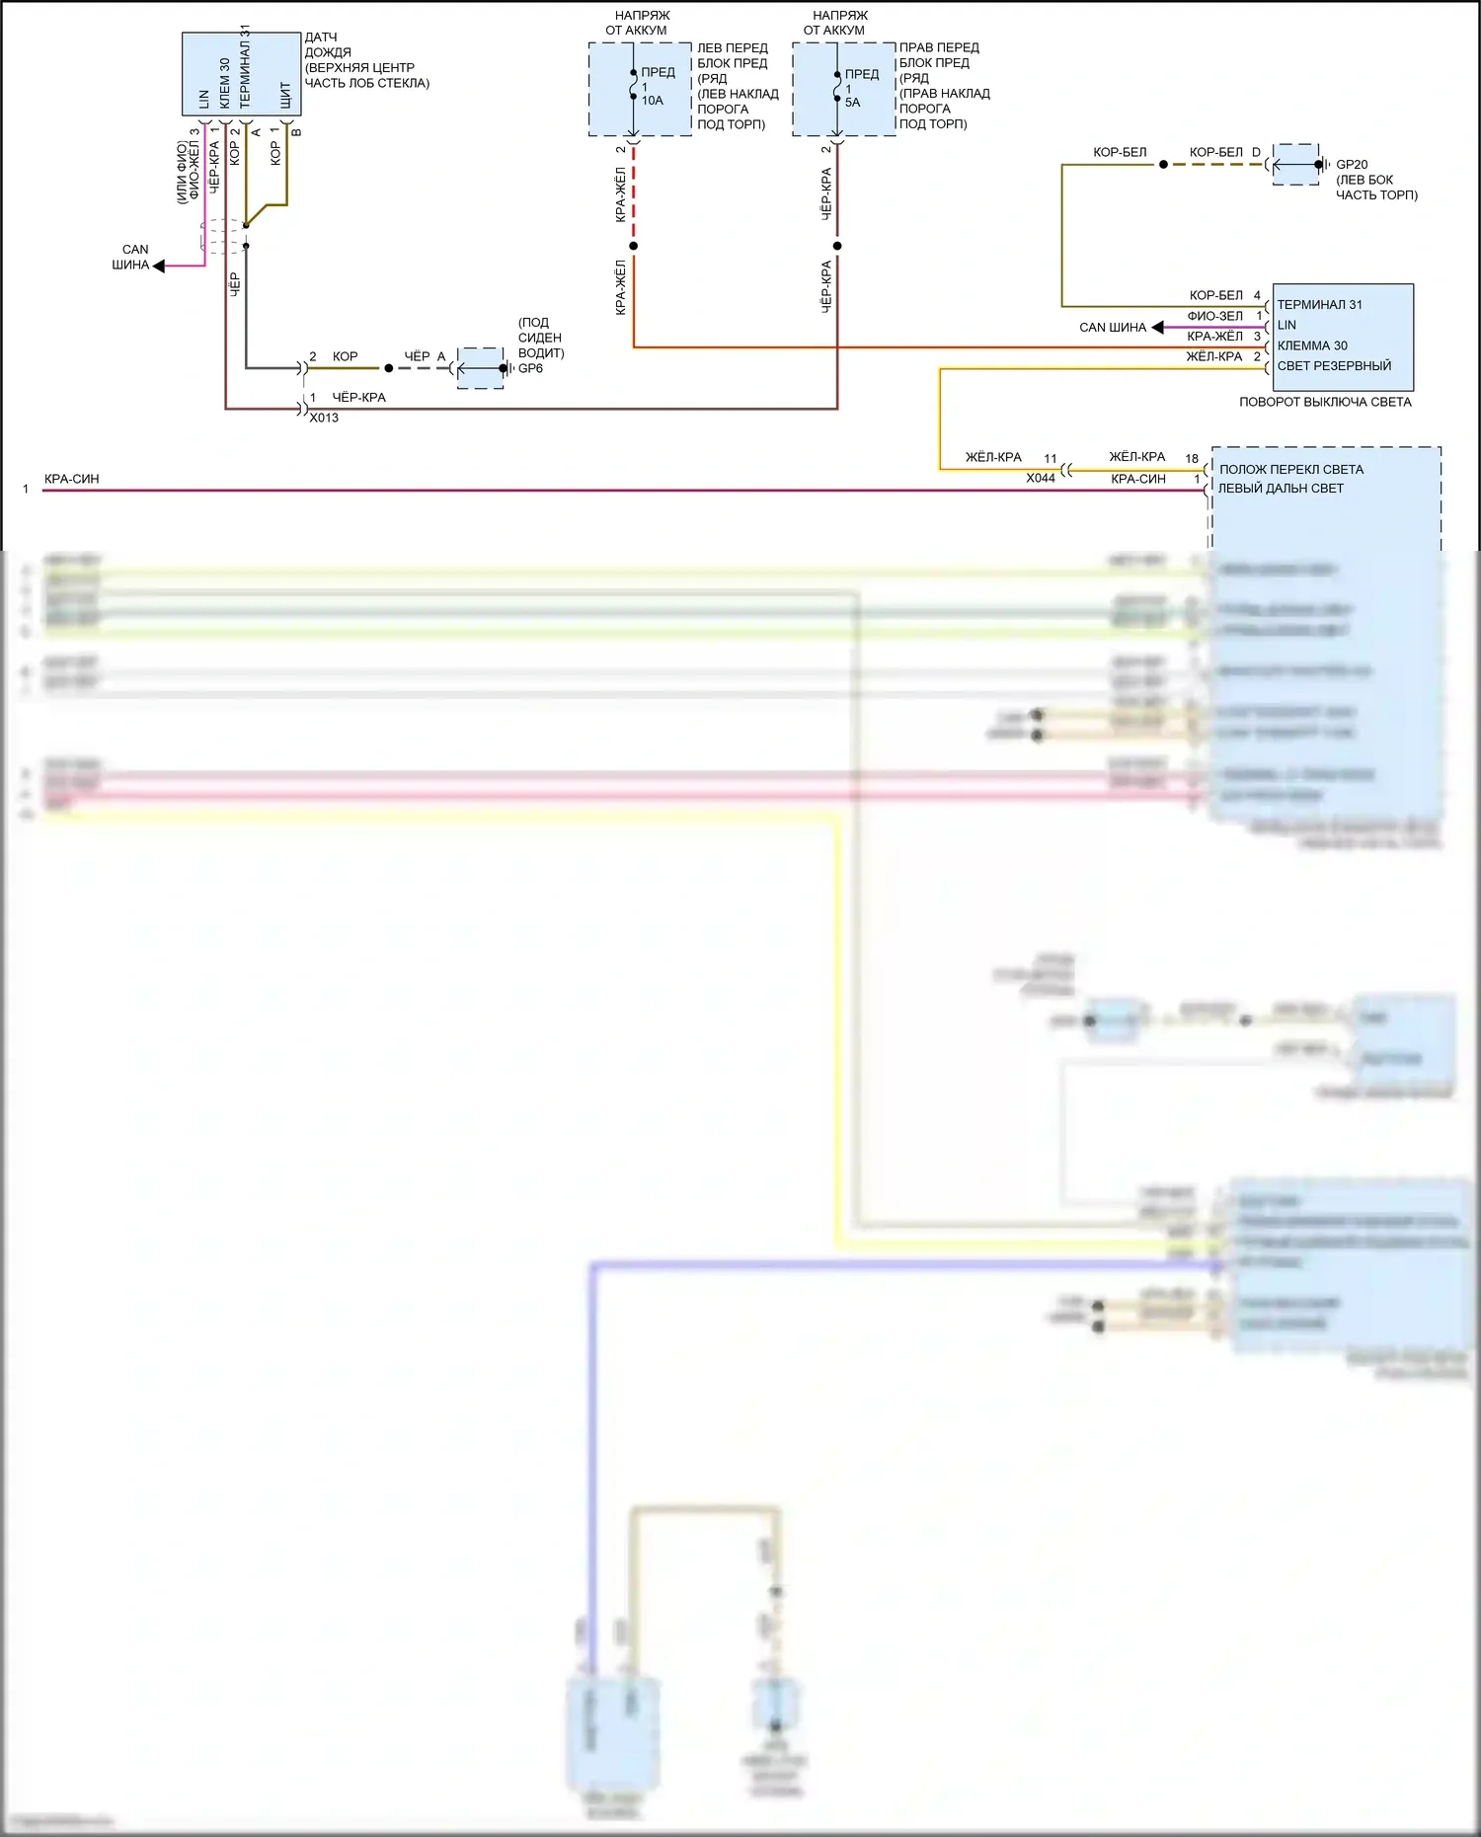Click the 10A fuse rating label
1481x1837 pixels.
pyautogui.click(x=653, y=101)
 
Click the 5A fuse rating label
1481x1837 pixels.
pyautogui.click(x=852, y=102)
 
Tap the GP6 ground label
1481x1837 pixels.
pyautogui.click(x=530, y=368)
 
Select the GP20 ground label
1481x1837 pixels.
pyautogui.click(x=1352, y=165)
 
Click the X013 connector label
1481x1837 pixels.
pyautogui.click(x=324, y=418)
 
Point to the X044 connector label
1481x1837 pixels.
pyautogui.click(x=1040, y=478)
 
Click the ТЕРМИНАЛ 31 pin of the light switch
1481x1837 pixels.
pyautogui.click(x=1319, y=304)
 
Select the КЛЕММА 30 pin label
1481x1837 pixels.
pyautogui.click(x=1312, y=345)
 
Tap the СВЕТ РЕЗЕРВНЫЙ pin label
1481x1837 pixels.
pyautogui.click(x=1334, y=365)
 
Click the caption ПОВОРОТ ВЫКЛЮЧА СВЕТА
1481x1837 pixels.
pyautogui.click(x=1325, y=402)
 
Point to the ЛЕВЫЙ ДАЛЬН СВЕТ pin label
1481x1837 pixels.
pyautogui.click(x=1281, y=488)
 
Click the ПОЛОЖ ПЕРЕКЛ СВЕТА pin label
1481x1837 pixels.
pyautogui.click(x=1290, y=469)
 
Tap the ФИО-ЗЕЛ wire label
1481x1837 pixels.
pyautogui.click(x=1214, y=316)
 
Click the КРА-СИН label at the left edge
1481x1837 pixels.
pyautogui.click(x=72, y=479)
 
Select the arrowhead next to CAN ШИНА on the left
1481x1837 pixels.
pyautogui.click(x=158, y=266)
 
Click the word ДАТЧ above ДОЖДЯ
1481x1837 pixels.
pyautogui.click(x=321, y=38)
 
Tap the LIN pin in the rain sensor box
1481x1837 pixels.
pyautogui.click(x=204, y=99)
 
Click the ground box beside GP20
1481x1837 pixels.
pyautogui.click(x=1295, y=165)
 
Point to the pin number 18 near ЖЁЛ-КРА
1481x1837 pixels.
pyautogui.click(x=1192, y=458)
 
